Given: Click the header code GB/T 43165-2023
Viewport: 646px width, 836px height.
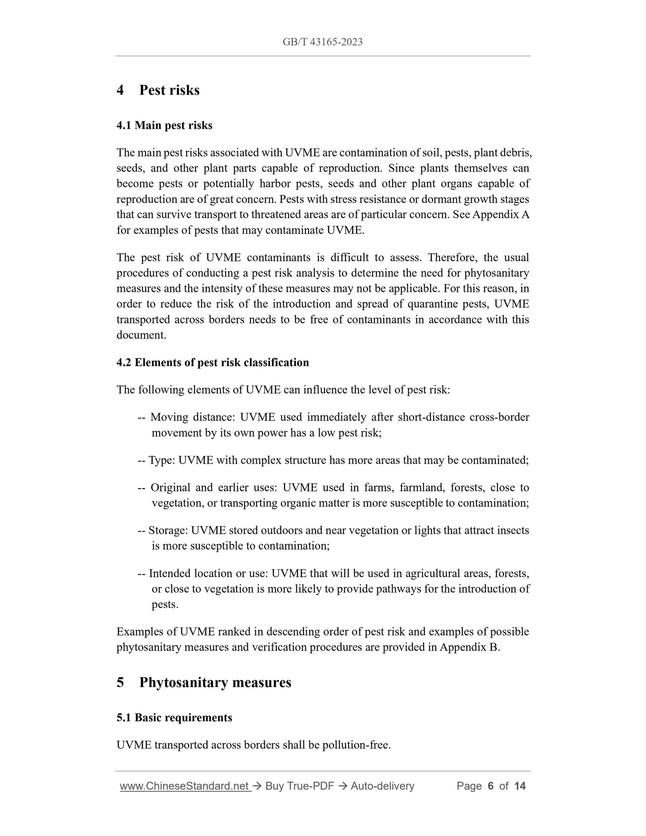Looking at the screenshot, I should click(x=322, y=42).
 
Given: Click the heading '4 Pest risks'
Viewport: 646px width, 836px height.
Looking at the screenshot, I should click(x=158, y=90).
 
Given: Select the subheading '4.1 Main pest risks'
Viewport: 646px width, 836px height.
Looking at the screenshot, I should click(x=164, y=125).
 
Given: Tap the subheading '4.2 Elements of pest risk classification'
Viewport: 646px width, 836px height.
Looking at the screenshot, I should click(x=212, y=362).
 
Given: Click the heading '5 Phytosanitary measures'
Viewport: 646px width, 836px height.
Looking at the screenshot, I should click(x=204, y=683).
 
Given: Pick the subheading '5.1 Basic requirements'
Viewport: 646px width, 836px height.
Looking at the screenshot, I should click(x=174, y=718).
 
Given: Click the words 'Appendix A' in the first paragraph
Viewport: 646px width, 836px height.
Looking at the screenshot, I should click(x=501, y=215).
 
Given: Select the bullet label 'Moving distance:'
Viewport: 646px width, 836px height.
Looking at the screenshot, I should click(x=193, y=417).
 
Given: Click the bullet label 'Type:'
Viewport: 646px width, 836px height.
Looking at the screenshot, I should click(x=161, y=460).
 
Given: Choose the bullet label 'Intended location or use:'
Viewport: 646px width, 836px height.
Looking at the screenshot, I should click(x=208, y=573).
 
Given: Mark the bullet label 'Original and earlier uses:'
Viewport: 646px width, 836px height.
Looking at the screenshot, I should click(x=214, y=487).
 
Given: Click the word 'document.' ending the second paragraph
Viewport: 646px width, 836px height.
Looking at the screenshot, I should click(x=141, y=335).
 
